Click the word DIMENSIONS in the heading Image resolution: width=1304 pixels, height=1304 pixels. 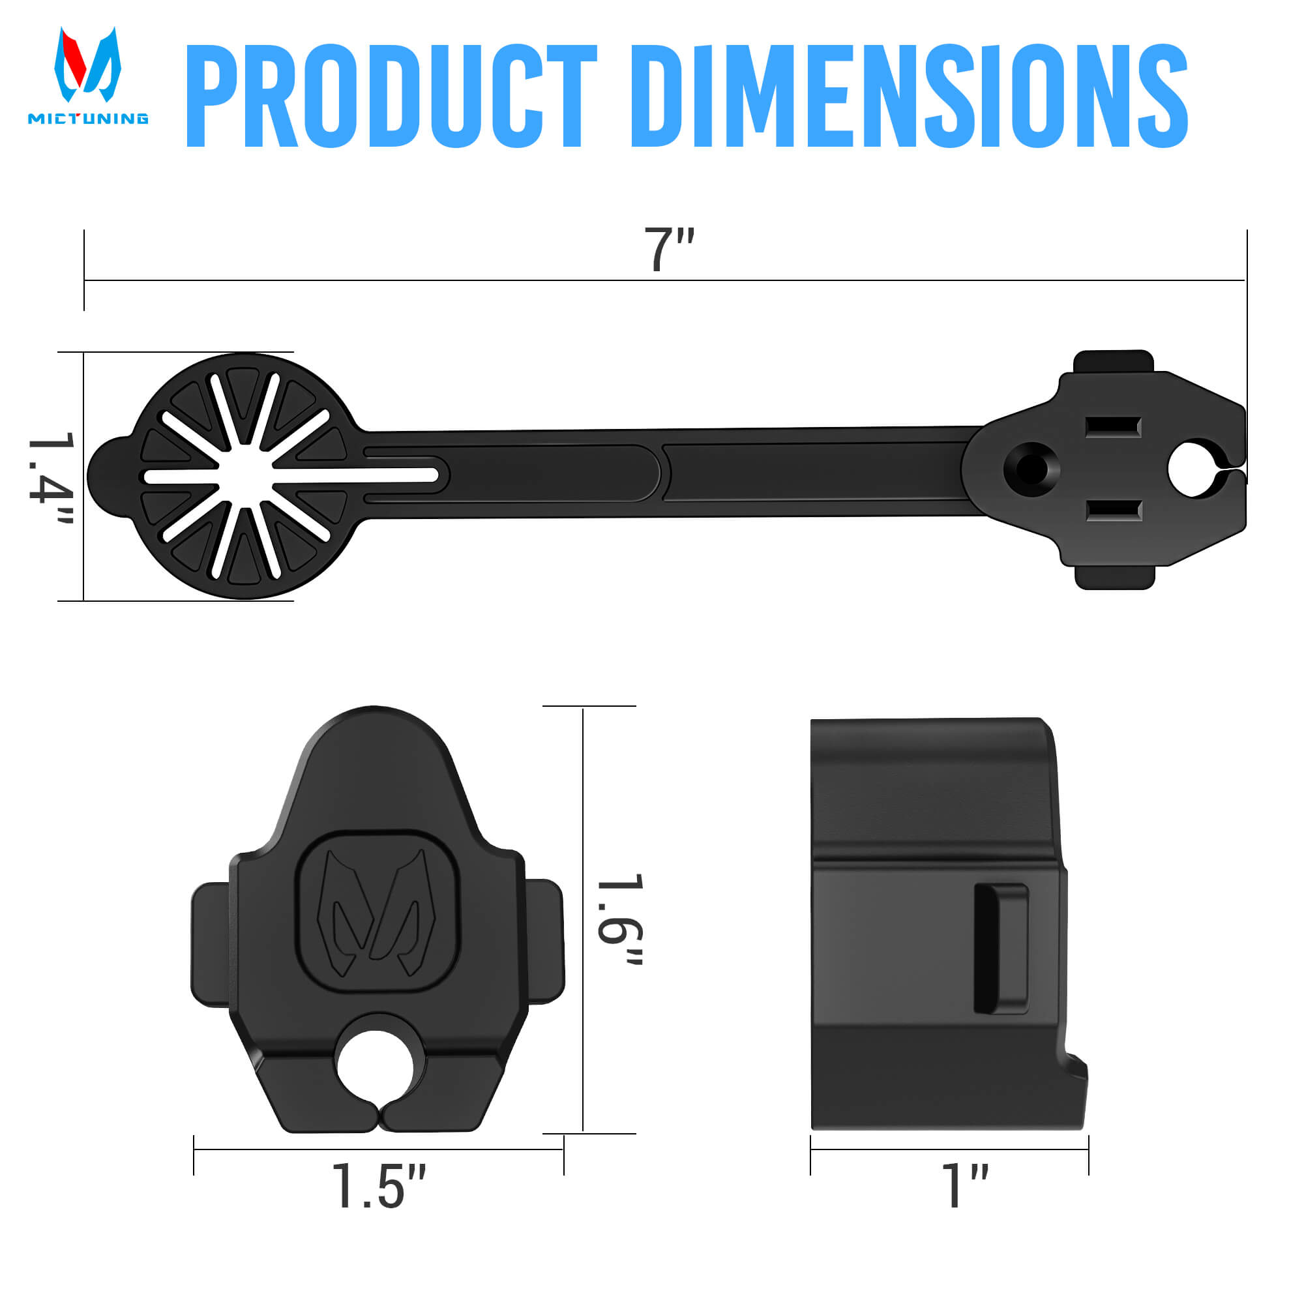pos(908,96)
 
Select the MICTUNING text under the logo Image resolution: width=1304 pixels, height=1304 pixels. pos(88,119)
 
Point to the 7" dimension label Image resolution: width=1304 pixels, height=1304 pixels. pos(668,250)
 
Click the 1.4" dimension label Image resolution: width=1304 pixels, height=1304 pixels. pos(52,478)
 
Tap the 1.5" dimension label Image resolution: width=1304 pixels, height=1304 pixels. pos(379,1186)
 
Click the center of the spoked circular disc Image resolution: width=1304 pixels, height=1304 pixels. pos(245,476)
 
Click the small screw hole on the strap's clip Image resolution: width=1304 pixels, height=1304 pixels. pos(1031,467)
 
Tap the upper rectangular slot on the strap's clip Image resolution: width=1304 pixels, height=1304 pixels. pos(1113,427)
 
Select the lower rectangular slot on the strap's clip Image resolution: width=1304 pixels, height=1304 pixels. pos(1113,511)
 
